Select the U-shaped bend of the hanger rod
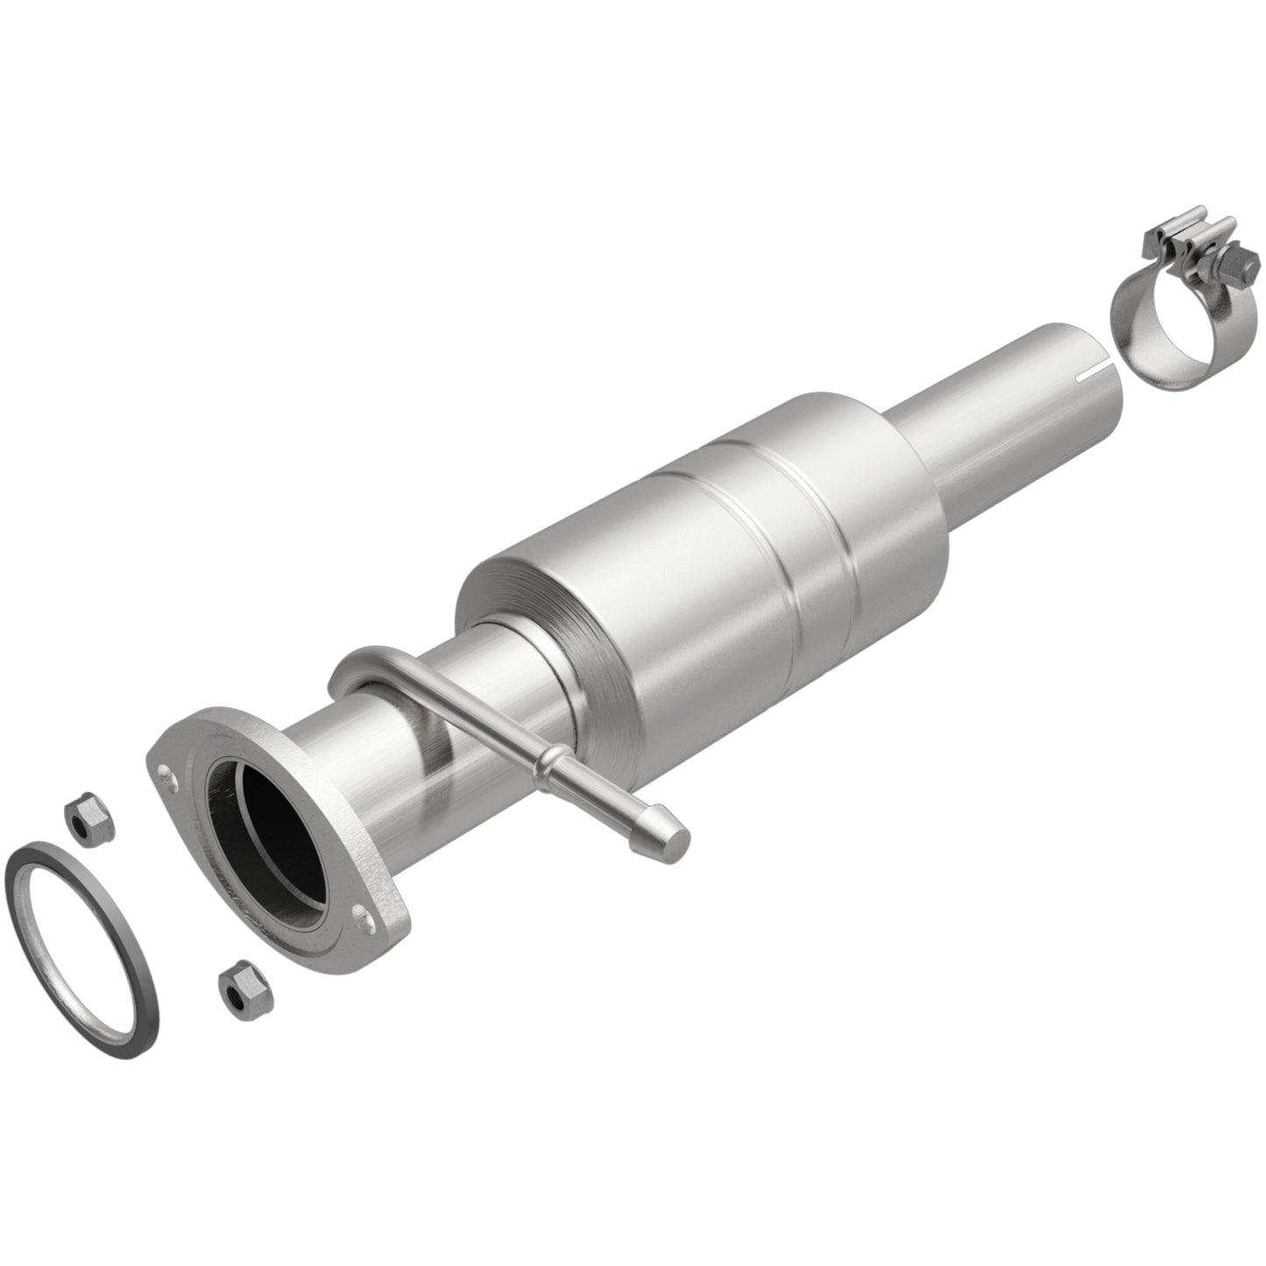tap(350, 675)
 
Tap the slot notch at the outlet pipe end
tap(1092, 374)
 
